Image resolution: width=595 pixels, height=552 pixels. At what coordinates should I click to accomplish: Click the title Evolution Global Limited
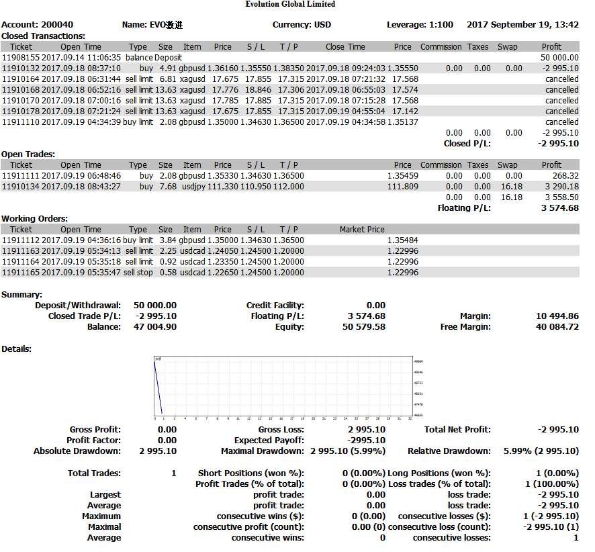point(290,4)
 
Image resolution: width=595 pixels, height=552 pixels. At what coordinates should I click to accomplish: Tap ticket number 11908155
point(21,58)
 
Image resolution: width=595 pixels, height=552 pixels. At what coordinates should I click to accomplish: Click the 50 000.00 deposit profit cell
point(559,58)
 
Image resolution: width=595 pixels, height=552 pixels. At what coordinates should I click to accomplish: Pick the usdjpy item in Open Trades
point(192,187)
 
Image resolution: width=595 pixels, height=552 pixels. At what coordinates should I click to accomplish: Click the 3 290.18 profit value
point(561,187)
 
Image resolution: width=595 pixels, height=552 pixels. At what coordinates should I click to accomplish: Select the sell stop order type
point(139,273)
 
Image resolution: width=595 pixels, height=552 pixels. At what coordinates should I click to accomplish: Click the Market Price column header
point(362,230)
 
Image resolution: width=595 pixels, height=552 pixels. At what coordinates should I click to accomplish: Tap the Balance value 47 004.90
point(155,327)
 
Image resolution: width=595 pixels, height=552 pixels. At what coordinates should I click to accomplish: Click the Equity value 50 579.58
point(363,327)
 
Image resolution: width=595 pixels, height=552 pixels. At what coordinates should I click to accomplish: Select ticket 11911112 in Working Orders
point(21,240)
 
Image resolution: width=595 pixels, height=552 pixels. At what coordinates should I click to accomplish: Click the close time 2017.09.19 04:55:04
point(346,111)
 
